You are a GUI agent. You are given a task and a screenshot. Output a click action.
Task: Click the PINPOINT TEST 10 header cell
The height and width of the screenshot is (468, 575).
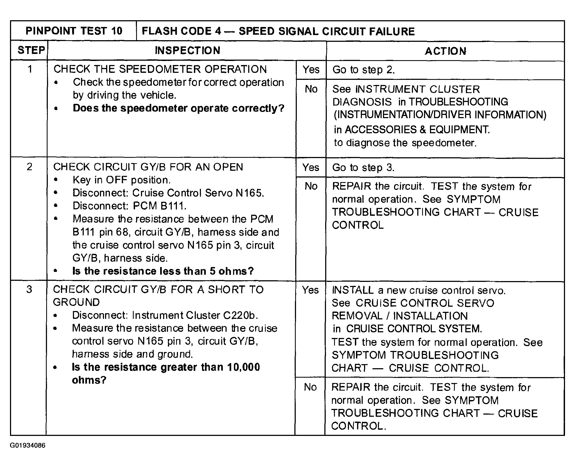click(74, 31)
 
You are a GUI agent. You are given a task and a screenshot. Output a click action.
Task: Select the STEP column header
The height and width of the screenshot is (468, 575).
click(31, 50)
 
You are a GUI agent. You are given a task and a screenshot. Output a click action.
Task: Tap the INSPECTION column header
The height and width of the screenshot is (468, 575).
click(187, 50)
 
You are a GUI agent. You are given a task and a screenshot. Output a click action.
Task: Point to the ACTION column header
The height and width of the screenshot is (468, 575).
click(445, 51)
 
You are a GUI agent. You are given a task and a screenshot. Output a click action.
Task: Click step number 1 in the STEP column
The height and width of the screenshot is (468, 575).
click(30, 69)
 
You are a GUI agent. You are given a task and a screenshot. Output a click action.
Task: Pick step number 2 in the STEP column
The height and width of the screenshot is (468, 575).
click(29, 167)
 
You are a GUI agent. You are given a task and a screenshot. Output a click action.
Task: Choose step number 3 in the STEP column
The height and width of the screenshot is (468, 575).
click(29, 289)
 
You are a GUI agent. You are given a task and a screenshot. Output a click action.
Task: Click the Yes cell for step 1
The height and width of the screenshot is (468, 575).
click(311, 70)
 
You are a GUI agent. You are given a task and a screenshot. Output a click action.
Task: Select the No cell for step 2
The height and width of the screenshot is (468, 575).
click(311, 186)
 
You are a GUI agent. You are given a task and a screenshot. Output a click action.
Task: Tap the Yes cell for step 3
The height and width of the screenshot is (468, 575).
click(310, 290)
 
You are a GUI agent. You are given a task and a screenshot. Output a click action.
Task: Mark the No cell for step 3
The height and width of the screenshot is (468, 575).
click(310, 387)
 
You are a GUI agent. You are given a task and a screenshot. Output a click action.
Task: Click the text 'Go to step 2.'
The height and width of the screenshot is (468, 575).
click(364, 70)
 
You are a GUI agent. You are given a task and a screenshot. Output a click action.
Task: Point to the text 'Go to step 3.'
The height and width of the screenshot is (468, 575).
click(363, 168)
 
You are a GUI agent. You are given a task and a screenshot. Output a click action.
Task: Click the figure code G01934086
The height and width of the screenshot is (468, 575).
click(28, 445)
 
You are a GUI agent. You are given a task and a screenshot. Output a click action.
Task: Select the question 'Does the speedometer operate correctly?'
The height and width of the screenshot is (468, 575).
click(179, 108)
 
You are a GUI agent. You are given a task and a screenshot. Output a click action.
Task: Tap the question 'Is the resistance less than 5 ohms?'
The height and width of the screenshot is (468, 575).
click(163, 271)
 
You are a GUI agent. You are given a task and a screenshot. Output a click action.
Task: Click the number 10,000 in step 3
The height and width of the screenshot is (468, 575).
click(243, 367)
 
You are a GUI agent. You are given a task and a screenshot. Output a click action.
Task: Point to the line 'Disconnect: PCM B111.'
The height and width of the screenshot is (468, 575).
click(129, 206)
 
